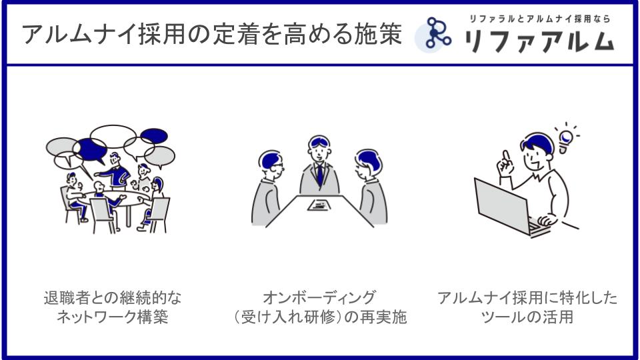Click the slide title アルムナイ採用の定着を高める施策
(x=212, y=34)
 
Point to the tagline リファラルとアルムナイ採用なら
(x=539, y=19)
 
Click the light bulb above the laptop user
(x=566, y=139)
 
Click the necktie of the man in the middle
(x=320, y=175)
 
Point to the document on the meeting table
(x=319, y=205)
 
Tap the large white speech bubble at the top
(x=113, y=136)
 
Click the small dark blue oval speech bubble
(x=154, y=136)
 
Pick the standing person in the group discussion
(x=115, y=171)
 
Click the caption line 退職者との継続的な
(x=112, y=298)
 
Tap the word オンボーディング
(x=319, y=298)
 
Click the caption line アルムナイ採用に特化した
(x=527, y=298)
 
